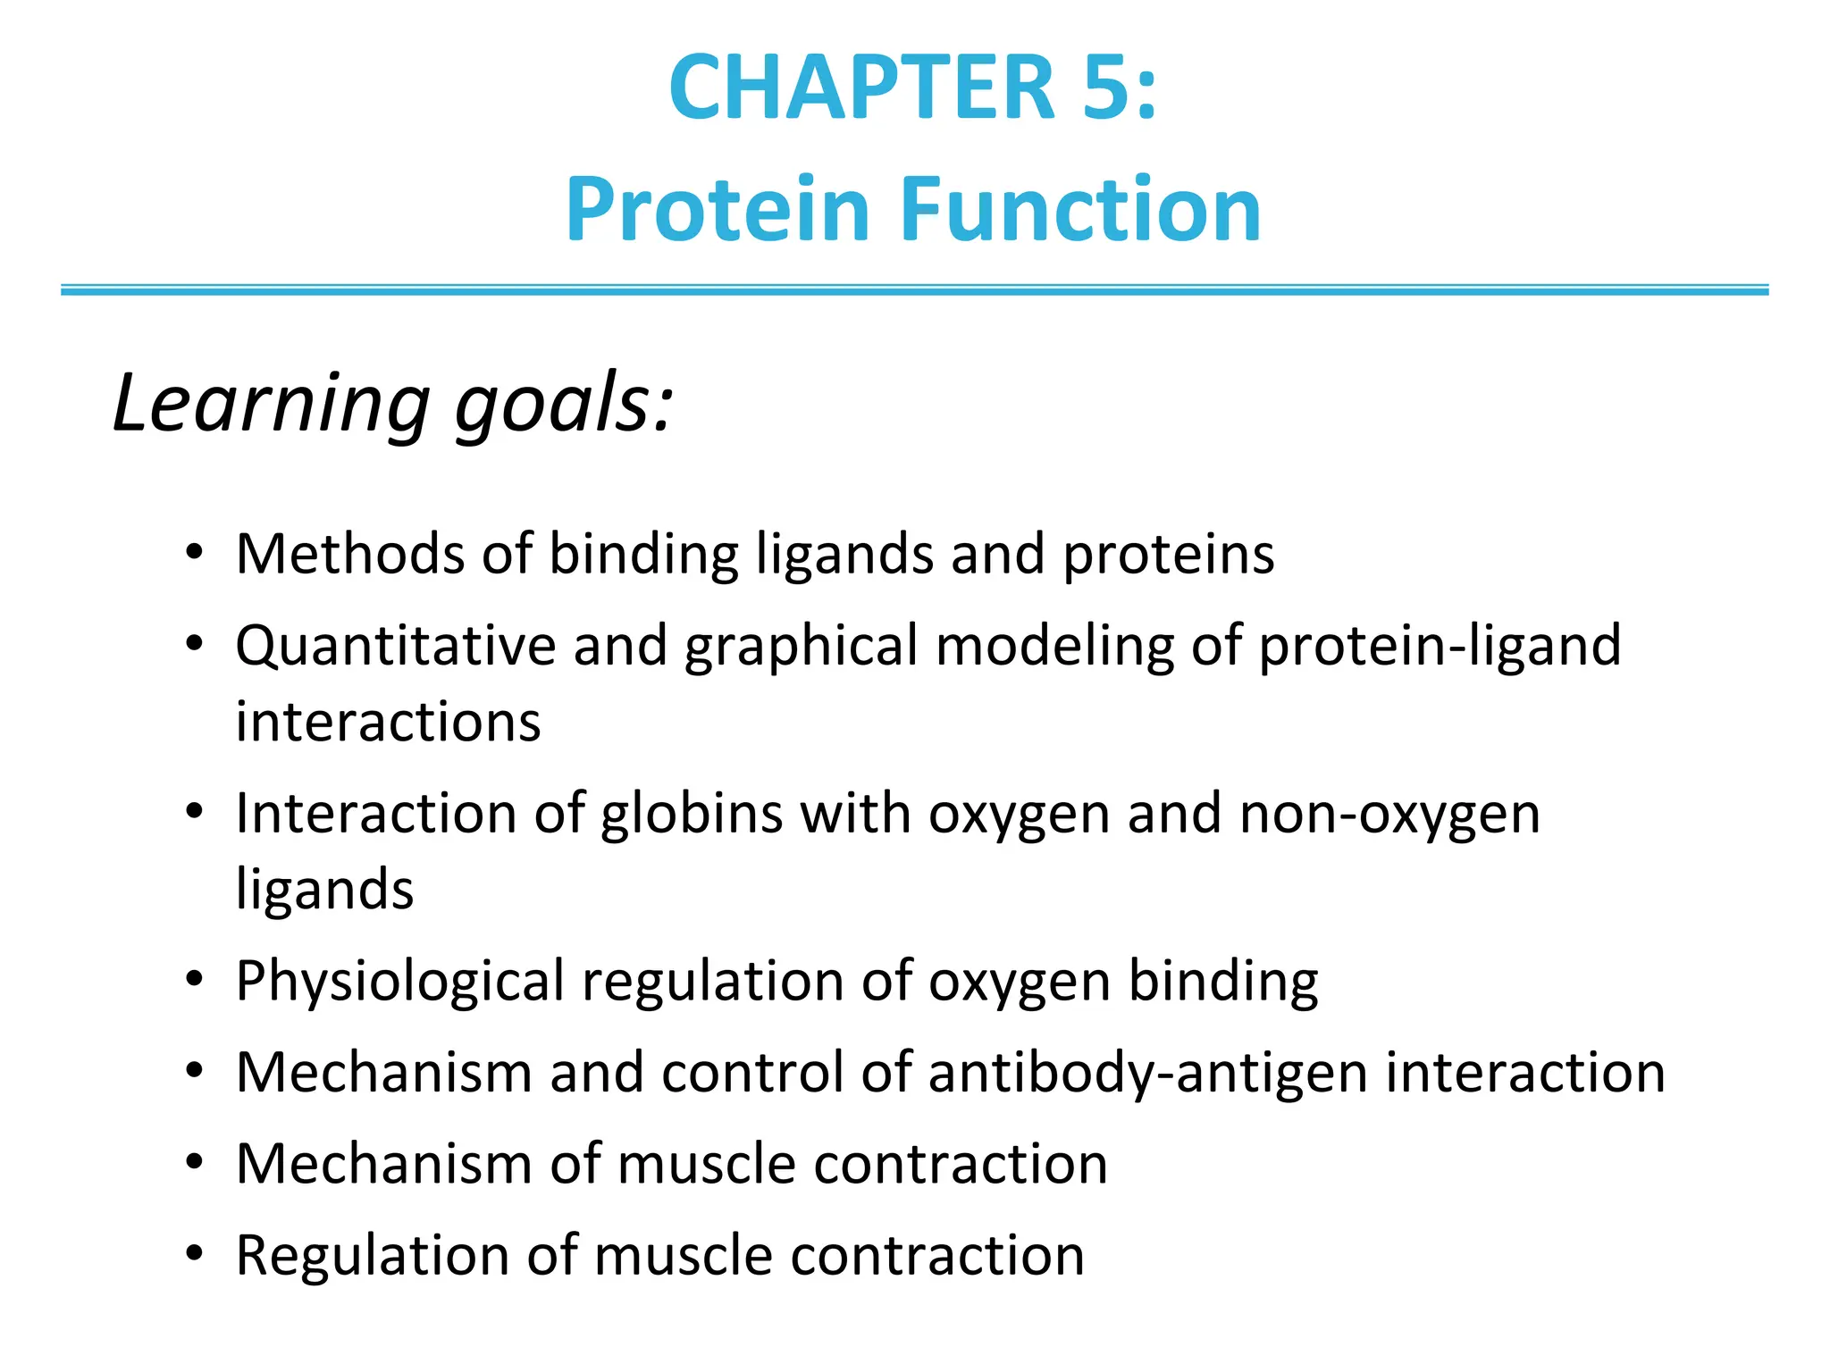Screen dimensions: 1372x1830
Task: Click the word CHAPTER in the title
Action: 862,88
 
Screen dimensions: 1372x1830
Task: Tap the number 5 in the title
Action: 1108,88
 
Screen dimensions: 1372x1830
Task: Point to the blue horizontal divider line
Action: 915,289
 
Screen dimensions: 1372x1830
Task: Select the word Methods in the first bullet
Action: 349,554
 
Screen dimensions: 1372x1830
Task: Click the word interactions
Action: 388,722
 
